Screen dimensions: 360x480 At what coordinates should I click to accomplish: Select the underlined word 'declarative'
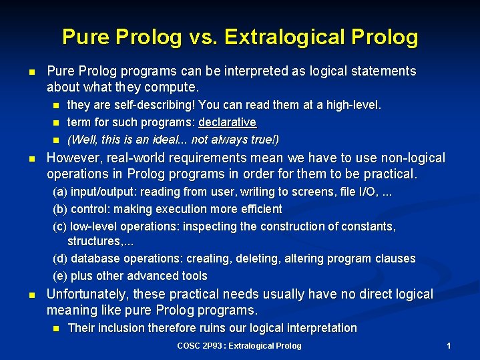227,122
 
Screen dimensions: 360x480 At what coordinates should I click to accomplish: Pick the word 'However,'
74,158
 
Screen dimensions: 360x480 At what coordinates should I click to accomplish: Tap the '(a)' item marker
60,192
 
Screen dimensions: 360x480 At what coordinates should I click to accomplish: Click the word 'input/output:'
102,192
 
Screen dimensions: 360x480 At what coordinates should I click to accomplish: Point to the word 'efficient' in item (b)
261,209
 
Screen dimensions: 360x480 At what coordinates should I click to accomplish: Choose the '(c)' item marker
60,226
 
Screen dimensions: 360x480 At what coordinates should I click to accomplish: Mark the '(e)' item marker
60,276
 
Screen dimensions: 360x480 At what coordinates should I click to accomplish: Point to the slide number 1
449,346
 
